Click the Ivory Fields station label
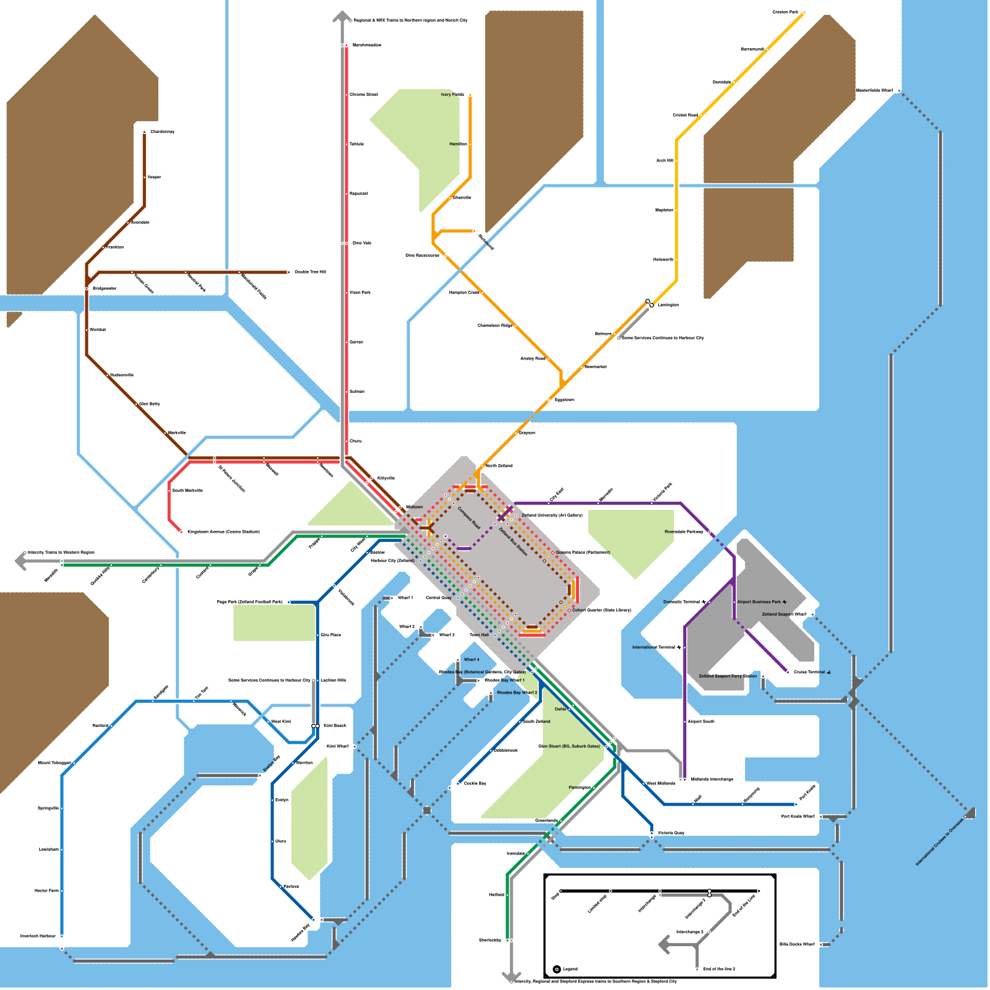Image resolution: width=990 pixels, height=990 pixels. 452,95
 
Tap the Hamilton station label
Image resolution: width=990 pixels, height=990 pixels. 458,144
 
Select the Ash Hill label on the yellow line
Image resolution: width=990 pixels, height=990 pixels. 665,160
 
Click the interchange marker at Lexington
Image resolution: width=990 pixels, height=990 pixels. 649,303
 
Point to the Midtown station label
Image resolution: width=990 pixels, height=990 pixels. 415,507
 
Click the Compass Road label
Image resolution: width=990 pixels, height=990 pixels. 468,518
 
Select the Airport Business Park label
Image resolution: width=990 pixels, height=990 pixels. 759,601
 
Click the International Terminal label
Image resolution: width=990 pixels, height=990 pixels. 654,647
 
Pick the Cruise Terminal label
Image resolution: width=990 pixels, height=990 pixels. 809,672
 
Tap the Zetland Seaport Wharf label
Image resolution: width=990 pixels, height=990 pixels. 784,614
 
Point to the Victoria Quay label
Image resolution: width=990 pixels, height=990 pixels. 671,833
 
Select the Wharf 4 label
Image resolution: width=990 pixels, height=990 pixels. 471,660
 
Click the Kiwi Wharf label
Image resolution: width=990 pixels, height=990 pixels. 338,746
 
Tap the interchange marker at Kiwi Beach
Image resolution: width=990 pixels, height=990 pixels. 315,726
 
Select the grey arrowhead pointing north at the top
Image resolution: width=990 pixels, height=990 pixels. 342,17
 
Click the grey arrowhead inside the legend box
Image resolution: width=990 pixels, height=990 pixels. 665,945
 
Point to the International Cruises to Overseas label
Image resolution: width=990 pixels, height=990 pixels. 939,842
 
